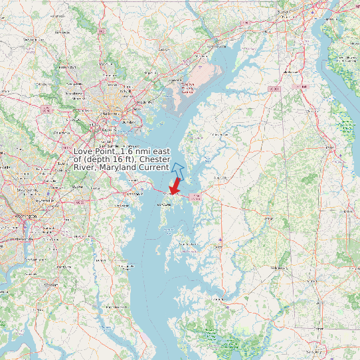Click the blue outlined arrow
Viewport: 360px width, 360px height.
[x=177, y=169]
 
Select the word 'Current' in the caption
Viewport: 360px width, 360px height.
[x=153, y=167]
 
